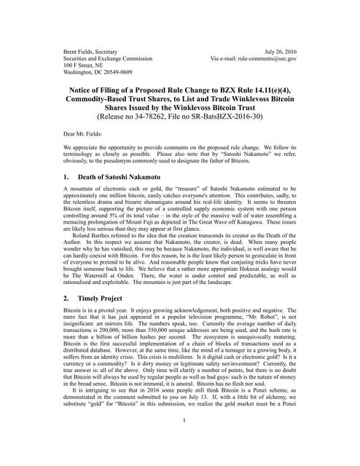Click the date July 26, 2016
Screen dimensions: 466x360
(299, 52)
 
